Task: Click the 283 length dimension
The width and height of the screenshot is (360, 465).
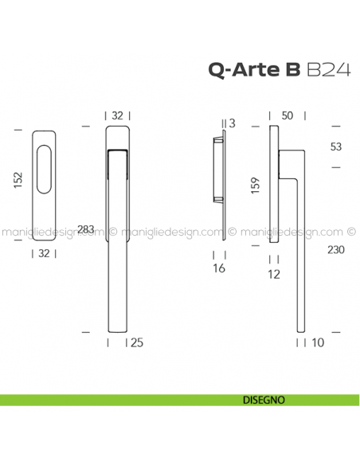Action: pyautogui.click(x=88, y=230)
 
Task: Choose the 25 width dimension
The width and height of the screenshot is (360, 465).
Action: pyautogui.click(x=136, y=343)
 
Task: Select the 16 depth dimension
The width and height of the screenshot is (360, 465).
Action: pyautogui.click(x=220, y=268)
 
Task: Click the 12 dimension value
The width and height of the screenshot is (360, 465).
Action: pyautogui.click(x=275, y=275)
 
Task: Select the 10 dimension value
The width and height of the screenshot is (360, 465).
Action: pyautogui.click(x=319, y=343)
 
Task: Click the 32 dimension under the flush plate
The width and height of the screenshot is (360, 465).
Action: pyautogui.click(x=45, y=254)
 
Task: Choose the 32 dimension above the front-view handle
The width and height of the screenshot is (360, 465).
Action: pyautogui.click(x=117, y=115)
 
